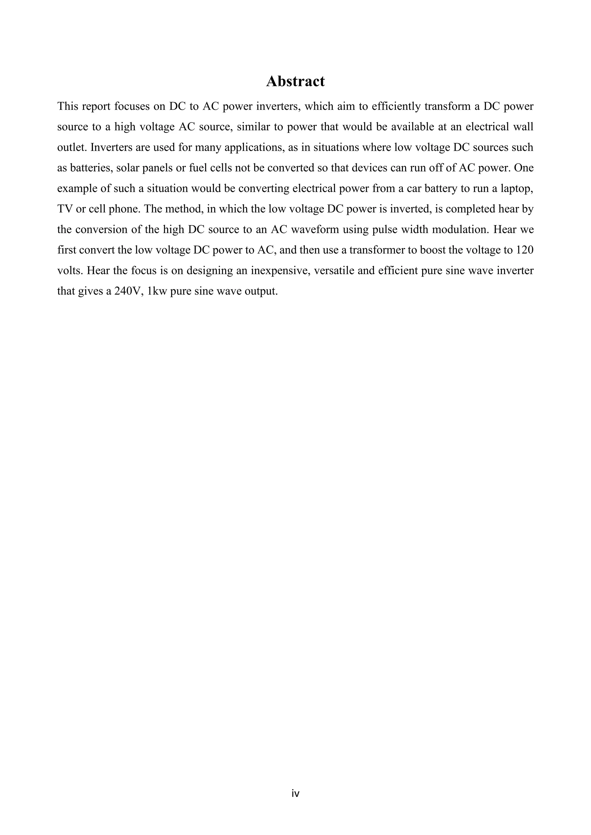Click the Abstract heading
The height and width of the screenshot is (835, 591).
295,81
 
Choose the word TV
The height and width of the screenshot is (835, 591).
64,209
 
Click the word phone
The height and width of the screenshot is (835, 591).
124,209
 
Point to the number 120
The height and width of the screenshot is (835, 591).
524,250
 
